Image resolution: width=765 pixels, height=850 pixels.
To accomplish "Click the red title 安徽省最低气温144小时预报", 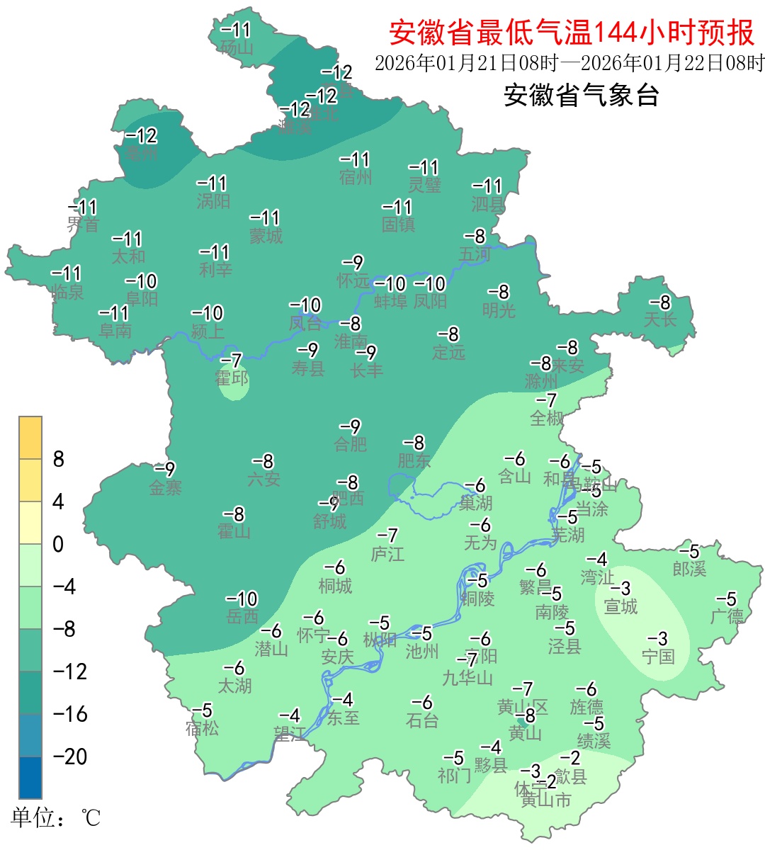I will (572, 33).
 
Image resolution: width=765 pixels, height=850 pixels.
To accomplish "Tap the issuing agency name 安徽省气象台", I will (581, 95).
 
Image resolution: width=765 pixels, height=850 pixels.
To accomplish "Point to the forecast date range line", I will (569, 63).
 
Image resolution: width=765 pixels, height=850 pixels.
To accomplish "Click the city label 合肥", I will (351, 444).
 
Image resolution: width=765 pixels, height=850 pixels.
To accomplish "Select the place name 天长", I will (659, 319).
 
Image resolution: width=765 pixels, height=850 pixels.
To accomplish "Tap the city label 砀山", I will (237, 48).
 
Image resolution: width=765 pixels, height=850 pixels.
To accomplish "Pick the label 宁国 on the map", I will (658, 656).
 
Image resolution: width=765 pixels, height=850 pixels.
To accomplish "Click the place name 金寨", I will (165, 487).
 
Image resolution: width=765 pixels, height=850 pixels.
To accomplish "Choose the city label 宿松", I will (202, 727).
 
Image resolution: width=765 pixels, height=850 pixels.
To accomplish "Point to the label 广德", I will (727, 616).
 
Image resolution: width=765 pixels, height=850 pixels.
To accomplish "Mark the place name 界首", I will (83, 225).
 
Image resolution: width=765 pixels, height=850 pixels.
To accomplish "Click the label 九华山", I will (467, 678).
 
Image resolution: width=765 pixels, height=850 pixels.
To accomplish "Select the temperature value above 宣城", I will (620, 589).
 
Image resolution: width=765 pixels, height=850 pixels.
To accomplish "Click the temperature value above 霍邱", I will (232, 361).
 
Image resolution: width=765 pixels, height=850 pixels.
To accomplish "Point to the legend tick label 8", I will (59, 460).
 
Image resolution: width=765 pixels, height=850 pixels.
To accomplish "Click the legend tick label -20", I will (70, 756).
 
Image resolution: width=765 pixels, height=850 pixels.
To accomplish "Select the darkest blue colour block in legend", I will (30, 777).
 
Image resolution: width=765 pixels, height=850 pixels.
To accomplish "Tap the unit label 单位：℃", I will (56, 818).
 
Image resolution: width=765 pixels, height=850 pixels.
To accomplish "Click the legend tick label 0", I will (58, 545).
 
